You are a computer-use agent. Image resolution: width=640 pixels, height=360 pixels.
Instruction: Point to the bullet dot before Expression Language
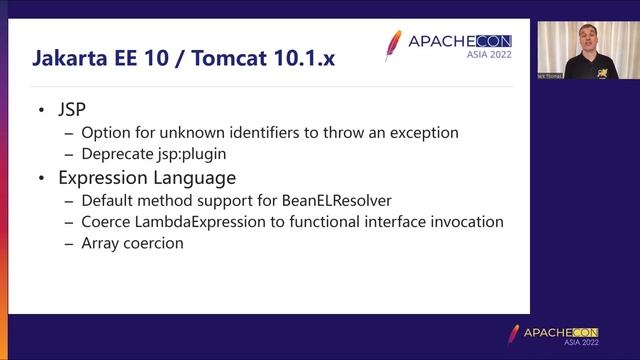pyautogui.click(x=41, y=178)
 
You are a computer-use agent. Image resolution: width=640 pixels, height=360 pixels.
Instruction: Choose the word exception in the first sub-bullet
pyautogui.click(x=421, y=132)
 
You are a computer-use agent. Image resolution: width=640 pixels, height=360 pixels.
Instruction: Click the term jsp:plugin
pyautogui.click(x=199, y=154)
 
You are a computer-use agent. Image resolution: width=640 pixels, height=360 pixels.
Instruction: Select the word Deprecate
pyautogui.click(x=120, y=154)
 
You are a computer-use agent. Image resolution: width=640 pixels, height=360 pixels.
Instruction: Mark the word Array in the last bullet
pyautogui.click(x=102, y=244)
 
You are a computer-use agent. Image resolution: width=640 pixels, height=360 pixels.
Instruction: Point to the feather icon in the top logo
pyautogui.click(x=393, y=45)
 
